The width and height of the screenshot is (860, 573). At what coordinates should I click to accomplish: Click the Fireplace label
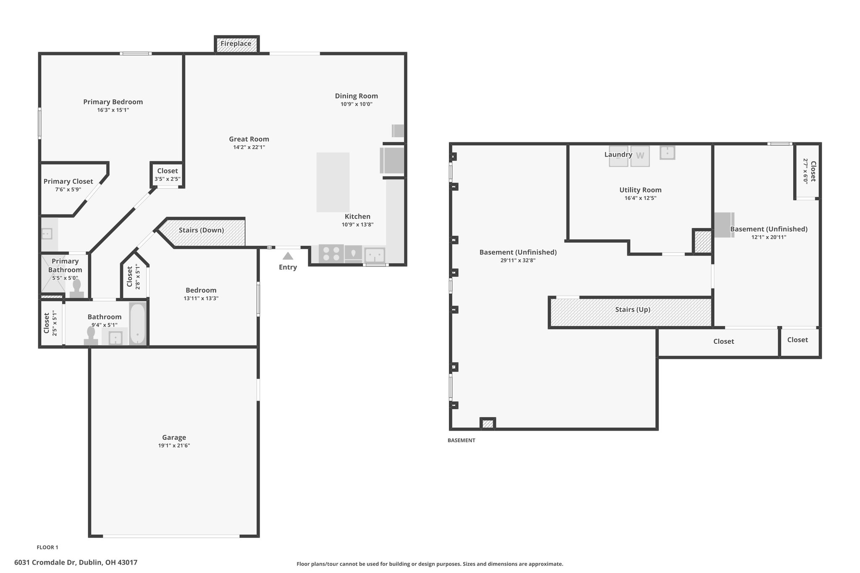point(236,44)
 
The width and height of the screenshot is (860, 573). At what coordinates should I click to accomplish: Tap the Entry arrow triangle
point(288,256)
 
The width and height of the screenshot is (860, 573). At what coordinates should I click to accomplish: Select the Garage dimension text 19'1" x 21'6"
point(174,446)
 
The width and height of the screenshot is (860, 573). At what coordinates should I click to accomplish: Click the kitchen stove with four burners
point(331,254)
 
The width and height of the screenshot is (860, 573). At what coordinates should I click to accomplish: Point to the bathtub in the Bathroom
point(137,324)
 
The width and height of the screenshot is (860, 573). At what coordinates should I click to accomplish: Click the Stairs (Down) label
point(201,230)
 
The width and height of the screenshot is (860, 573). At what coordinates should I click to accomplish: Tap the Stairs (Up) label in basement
point(632,310)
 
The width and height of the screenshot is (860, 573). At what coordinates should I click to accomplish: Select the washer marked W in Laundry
point(640,156)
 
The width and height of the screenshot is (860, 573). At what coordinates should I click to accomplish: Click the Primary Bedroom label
point(113,102)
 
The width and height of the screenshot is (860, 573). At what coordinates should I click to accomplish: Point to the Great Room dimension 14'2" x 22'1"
point(249,147)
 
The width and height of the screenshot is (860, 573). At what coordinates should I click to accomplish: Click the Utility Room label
point(640,190)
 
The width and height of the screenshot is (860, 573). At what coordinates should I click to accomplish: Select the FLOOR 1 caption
point(47,547)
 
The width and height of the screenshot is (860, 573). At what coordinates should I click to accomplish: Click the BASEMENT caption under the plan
point(461,440)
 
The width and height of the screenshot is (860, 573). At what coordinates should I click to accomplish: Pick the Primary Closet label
point(68,181)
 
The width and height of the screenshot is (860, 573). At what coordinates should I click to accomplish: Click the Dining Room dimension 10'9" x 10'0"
point(357,104)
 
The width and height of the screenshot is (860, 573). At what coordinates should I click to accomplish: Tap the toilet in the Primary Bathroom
point(77,289)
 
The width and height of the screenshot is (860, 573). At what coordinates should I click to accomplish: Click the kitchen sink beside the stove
point(375,255)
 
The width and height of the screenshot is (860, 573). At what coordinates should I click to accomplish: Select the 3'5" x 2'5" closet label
point(168,179)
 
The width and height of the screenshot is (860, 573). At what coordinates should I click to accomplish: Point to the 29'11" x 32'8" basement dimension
point(518,260)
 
